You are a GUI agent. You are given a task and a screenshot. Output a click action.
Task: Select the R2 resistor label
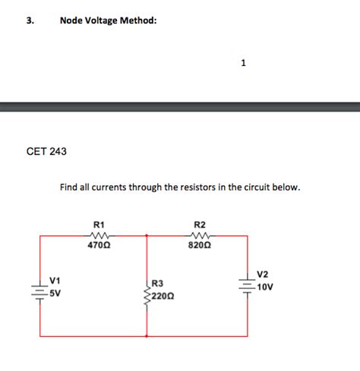[200, 225]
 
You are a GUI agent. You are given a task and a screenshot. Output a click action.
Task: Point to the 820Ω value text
[200, 245]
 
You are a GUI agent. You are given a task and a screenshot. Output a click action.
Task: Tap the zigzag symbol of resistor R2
[200, 235]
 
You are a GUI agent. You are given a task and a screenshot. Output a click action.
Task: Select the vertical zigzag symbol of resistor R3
[147, 289]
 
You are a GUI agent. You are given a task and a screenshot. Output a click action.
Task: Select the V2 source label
[262, 274]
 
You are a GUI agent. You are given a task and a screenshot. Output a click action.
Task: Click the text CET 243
[46, 152]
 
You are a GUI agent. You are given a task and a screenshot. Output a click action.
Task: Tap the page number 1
[242, 63]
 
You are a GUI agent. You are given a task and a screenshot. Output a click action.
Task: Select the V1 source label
[54, 281]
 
